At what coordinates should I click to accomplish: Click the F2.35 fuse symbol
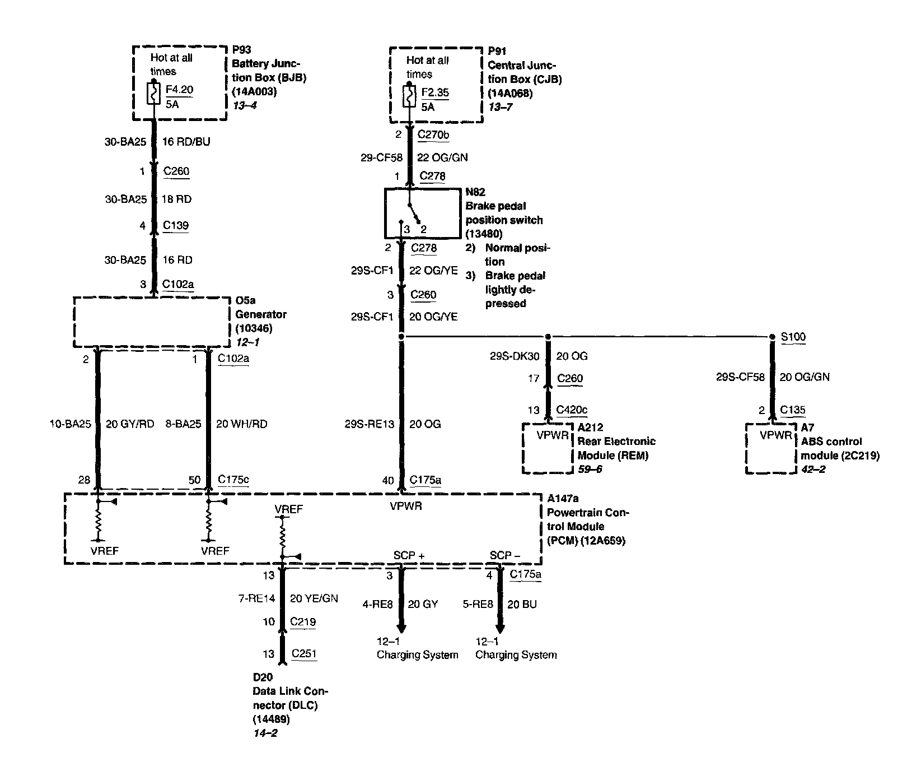click(409, 96)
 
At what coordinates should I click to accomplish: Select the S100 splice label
click(793, 337)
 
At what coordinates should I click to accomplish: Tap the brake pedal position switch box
click(422, 213)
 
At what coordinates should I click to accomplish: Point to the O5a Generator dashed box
click(152, 322)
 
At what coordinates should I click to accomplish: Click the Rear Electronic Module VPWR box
click(548, 448)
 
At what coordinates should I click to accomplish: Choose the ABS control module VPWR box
click(771, 448)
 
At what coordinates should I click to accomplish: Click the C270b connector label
click(433, 134)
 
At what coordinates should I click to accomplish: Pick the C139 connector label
click(176, 225)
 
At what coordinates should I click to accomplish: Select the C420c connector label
click(572, 410)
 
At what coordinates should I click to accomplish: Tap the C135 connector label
click(793, 410)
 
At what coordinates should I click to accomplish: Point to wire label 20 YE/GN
click(314, 598)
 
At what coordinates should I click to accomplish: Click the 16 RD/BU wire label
click(186, 142)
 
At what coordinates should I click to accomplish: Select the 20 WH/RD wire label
click(241, 424)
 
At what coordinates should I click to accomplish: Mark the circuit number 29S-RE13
click(370, 424)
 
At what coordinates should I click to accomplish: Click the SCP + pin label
click(409, 555)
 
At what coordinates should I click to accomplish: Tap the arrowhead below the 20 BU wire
click(500, 628)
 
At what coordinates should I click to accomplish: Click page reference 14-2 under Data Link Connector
click(265, 733)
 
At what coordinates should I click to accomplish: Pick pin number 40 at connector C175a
click(388, 480)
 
